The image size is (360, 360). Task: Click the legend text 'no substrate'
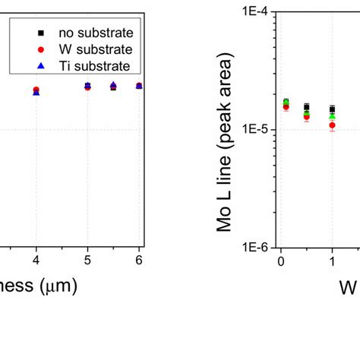coord(97,33)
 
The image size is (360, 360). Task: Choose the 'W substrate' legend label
coord(96,50)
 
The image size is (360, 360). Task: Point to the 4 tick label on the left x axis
coord(36,261)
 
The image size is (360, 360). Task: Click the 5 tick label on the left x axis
coord(87,261)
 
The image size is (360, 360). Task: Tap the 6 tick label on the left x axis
coord(139,261)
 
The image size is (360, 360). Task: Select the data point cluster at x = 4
coord(36,91)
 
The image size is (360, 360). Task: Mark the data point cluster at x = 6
coord(139,86)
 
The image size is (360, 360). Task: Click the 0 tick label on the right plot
coord(281,261)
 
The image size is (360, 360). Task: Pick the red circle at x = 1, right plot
coord(332,125)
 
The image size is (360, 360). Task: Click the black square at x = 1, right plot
coord(332,109)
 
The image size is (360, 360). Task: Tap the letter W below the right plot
coord(347,288)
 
